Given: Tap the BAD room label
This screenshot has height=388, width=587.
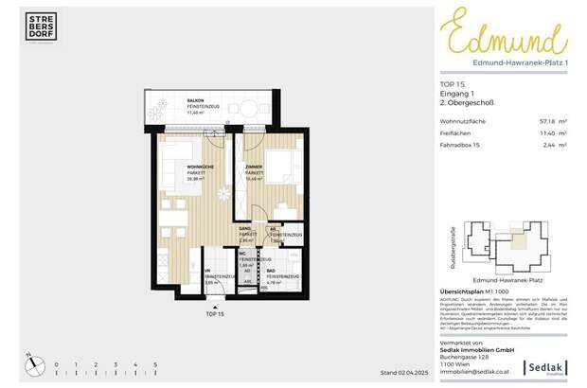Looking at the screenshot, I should (x=270, y=269).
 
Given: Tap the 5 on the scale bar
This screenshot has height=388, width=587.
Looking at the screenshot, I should (x=155, y=364).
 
